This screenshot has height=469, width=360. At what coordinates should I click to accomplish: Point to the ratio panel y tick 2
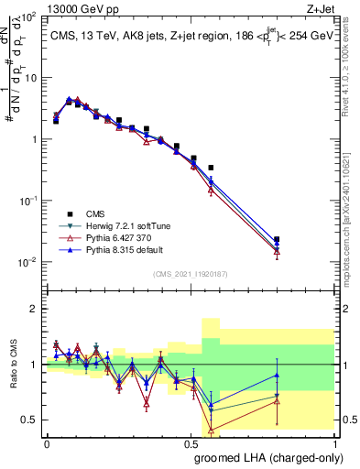pyautogui.click(x=35, y=309)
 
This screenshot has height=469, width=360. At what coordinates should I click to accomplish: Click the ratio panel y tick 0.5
pyautogui.click(x=31, y=420)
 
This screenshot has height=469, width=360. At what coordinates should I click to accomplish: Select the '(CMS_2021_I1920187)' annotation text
pyautogui.click(x=190, y=273)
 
